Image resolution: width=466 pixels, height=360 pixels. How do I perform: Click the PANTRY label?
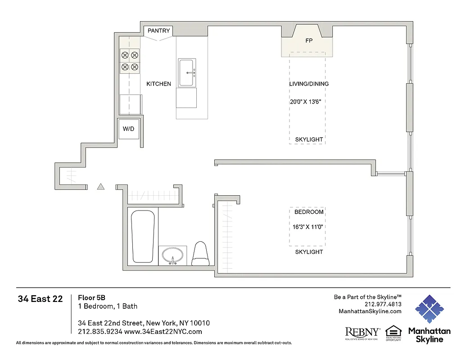(159, 31)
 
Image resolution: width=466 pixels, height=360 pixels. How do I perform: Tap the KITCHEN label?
(158, 84)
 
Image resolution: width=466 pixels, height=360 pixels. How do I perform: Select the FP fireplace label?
(309, 40)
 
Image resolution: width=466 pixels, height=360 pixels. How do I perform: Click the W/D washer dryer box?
(128, 129)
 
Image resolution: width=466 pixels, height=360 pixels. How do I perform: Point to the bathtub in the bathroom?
(143, 236)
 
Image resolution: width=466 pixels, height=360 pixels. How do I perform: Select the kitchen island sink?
(186, 72)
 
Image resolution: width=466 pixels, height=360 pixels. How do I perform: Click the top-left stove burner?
(125, 56)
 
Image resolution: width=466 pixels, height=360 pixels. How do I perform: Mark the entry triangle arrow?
(101, 187)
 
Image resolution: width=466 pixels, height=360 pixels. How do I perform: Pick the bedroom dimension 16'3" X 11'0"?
(308, 227)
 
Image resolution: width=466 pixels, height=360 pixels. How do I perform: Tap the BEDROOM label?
(309, 212)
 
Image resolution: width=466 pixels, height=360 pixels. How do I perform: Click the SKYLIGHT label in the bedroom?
(309, 252)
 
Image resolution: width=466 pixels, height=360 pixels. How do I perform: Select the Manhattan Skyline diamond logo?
(429, 310)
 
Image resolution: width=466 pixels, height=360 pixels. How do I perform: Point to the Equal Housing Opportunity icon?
(393, 333)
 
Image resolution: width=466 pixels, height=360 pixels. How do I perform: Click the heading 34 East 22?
(40, 299)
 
